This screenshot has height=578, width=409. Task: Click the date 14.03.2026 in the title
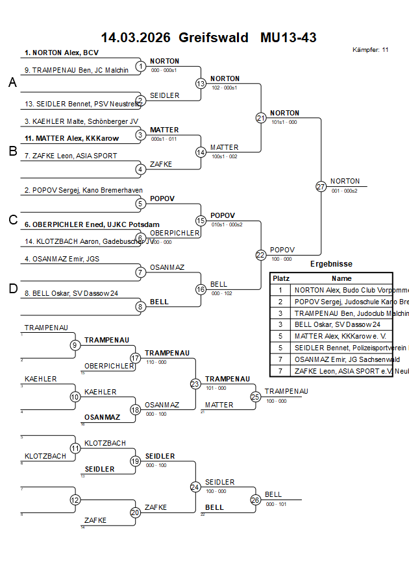point(136,38)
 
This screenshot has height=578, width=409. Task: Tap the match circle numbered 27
point(321,187)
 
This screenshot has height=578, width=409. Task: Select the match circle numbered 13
point(201,84)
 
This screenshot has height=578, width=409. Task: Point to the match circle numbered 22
point(260,255)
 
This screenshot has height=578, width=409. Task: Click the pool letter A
point(12,83)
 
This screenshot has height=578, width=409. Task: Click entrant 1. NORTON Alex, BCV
point(62,53)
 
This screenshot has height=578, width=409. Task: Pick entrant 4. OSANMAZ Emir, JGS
point(62,259)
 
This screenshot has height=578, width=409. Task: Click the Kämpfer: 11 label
point(371,50)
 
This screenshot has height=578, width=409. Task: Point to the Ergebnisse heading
point(331,264)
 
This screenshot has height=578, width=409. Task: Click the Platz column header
point(280,278)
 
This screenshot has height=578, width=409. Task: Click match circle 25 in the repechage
point(256,396)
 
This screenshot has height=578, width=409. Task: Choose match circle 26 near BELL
point(256,500)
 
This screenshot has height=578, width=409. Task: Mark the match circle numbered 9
point(75,344)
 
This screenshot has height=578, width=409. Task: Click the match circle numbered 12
point(75,500)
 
